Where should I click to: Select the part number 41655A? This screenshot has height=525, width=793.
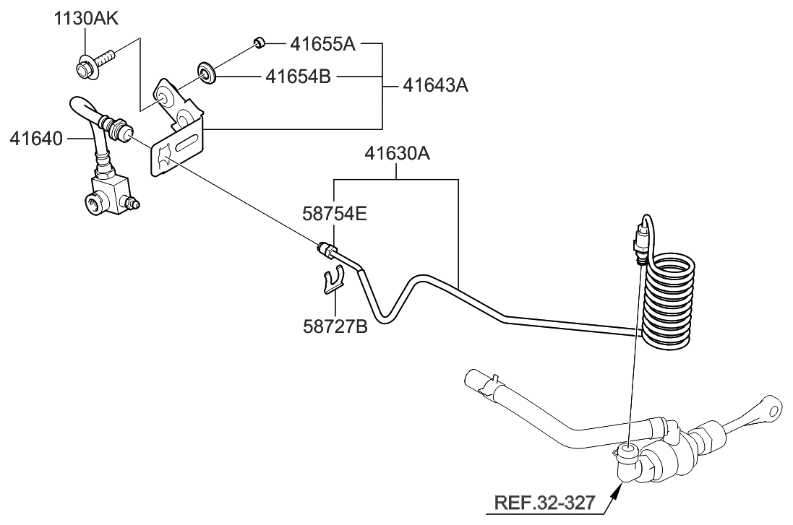322,44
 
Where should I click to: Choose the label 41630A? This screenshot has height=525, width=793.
397,153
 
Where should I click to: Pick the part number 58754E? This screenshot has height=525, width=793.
334,214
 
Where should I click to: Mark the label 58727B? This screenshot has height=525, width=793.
334,326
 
